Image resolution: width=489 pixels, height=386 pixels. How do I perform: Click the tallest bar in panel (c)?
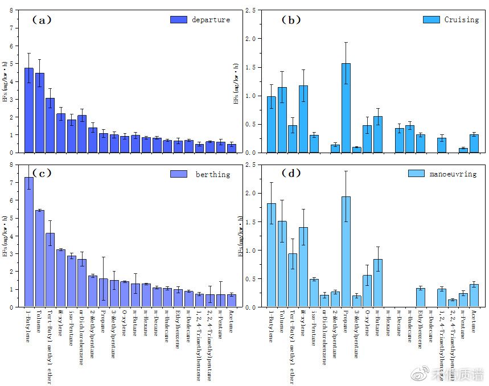click(28, 242)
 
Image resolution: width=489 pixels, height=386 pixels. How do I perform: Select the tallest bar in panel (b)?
click(346, 108)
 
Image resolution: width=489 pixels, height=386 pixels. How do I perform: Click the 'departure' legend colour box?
click(179, 19)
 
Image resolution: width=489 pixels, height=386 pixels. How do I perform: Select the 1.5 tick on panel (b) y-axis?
click(251, 67)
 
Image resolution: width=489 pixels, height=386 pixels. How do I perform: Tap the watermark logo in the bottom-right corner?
click(420, 374)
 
